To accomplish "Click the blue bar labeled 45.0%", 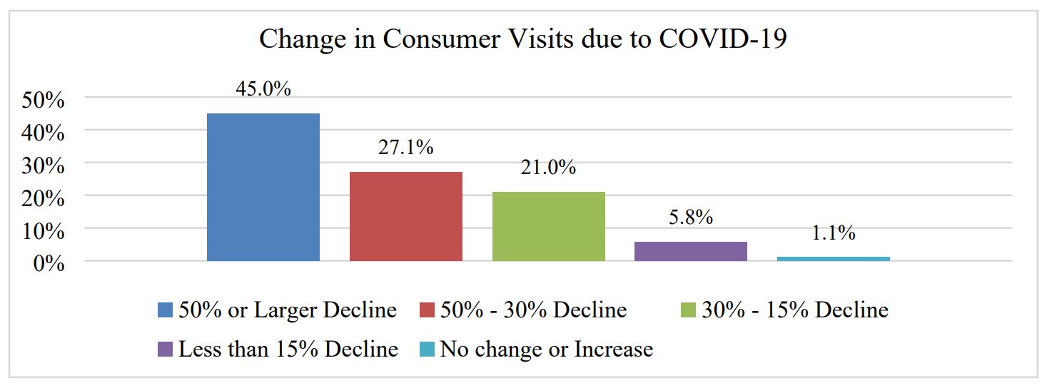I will (x=263, y=187).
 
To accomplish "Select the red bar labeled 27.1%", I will (x=406, y=216).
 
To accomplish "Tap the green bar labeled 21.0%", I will (x=549, y=226).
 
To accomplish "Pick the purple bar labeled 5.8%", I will (x=691, y=251).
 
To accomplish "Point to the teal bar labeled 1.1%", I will (x=834, y=258).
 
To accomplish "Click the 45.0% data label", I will (x=263, y=89).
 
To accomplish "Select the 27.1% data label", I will (x=406, y=148).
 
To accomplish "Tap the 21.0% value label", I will (x=549, y=168).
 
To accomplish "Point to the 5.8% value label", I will (x=691, y=218).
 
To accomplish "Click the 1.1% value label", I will (x=834, y=233).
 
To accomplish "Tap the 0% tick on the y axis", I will (x=49, y=264).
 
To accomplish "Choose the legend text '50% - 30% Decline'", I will (x=533, y=310).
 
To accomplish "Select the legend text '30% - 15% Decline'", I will (x=795, y=310).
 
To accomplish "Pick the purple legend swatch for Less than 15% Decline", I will (x=165, y=350).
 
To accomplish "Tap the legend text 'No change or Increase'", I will (x=546, y=349).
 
